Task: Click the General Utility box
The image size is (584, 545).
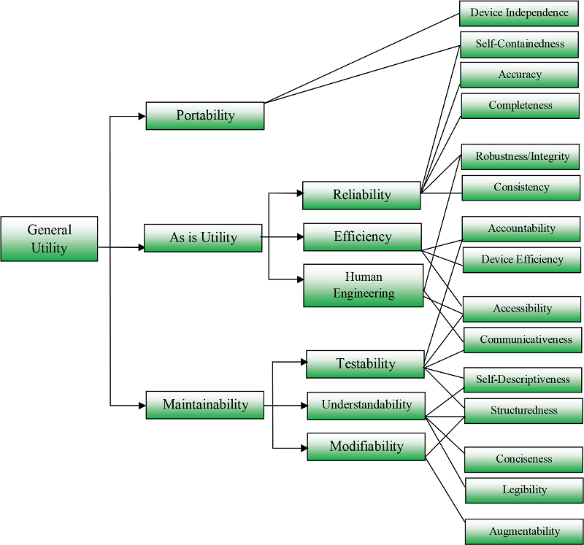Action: [49, 239]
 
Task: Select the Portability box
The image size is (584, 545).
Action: [205, 115]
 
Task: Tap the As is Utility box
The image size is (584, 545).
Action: [203, 238]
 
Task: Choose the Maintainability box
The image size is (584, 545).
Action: [205, 405]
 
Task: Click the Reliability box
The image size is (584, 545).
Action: [362, 195]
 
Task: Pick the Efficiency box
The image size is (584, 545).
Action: [363, 237]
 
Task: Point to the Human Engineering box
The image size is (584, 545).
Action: [364, 285]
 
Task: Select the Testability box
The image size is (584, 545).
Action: [365, 364]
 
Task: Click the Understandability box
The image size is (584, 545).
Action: [366, 405]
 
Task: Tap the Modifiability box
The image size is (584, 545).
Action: [366, 447]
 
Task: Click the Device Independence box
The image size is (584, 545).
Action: [519, 13]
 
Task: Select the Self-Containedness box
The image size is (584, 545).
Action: [520, 44]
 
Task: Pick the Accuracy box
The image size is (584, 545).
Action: [520, 74]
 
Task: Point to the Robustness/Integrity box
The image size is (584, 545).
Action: [522, 157]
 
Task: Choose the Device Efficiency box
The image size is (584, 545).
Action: [522, 260]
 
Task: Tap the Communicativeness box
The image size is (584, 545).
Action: [525, 340]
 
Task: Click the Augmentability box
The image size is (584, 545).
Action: [525, 531]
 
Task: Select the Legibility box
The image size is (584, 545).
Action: [524, 490]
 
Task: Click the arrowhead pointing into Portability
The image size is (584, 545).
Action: [142, 115]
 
